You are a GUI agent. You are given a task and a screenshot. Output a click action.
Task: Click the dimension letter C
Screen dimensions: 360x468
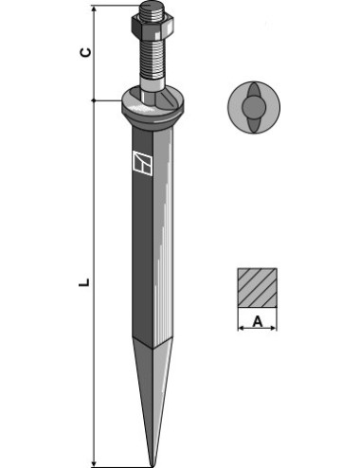point(85,52)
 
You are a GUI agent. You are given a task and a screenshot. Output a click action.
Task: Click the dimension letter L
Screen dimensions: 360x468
point(84,282)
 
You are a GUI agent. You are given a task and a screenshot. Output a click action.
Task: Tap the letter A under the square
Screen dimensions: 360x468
point(258,322)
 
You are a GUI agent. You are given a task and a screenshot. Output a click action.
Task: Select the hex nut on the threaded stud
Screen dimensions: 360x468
point(153,26)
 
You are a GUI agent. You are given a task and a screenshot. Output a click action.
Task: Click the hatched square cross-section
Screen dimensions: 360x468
point(258,287)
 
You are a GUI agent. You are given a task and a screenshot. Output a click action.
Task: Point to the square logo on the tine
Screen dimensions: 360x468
point(142,163)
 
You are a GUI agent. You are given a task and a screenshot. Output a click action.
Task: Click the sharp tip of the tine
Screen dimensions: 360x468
point(153,465)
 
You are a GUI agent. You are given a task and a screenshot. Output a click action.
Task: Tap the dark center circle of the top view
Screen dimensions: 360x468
point(254,107)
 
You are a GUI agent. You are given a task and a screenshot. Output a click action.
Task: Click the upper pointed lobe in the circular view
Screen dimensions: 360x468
point(253,90)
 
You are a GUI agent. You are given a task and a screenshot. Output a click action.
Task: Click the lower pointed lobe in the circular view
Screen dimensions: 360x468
point(253,125)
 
